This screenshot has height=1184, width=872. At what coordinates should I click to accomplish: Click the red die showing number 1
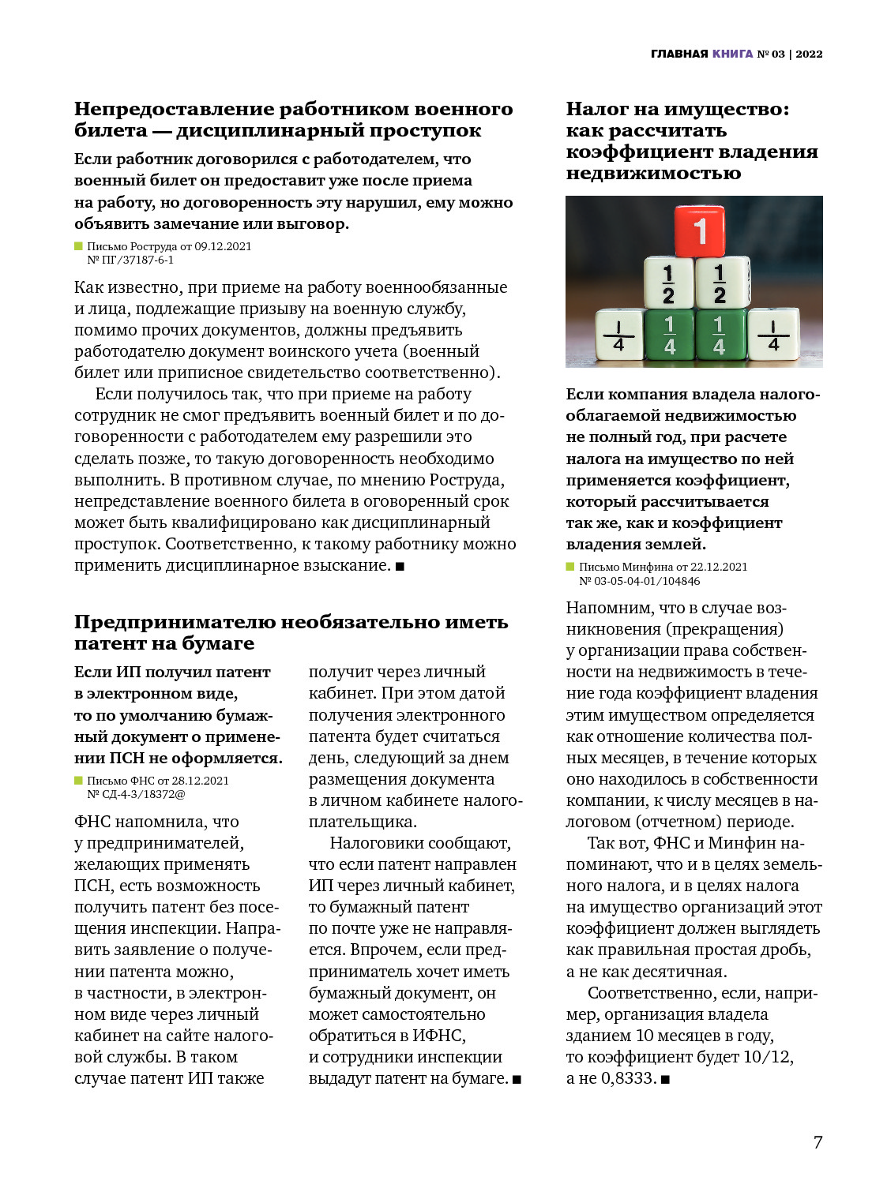tap(699, 230)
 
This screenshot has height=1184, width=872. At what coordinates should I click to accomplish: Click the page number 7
tap(817, 1142)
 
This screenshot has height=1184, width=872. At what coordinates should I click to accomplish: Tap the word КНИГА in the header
tap(732, 54)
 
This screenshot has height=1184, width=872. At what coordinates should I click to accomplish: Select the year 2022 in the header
tap(809, 54)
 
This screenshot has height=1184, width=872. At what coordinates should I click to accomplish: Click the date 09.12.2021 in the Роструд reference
tap(223, 246)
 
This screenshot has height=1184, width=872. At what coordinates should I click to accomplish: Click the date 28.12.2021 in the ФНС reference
tap(200, 781)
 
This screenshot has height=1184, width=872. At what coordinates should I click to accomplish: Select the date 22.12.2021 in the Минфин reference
tap(718, 567)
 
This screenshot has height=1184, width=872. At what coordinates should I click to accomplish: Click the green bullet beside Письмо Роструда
tap(78, 246)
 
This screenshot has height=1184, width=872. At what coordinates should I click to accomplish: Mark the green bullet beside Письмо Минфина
tap(570, 567)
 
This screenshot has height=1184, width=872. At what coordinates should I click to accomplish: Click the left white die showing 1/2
tap(669, 283)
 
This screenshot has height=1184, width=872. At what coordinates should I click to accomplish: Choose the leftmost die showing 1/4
tap(619, 335)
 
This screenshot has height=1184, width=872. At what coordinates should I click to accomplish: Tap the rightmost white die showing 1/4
tap(773, 335)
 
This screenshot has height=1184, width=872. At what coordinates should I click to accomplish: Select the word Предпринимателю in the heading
tap(175, 622)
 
